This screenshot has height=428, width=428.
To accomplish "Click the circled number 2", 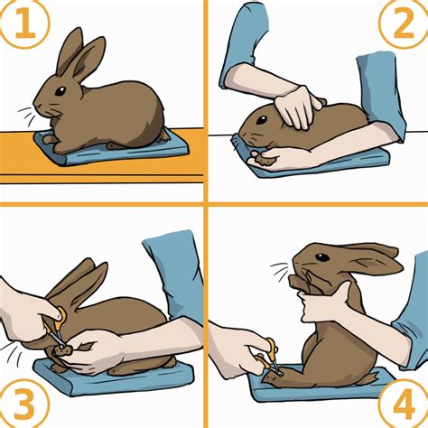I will click(x=400, y=26).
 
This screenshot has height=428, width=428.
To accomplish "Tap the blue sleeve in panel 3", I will click(x=176, y=271).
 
